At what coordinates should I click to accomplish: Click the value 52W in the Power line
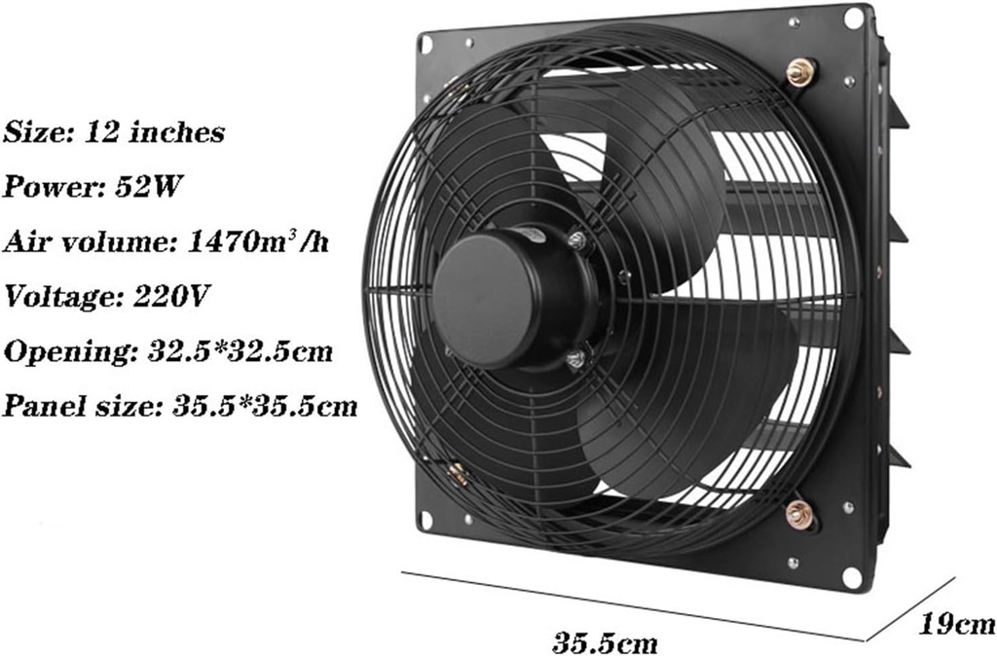click(x=149, y=187)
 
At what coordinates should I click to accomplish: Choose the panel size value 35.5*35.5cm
click(x=264, y=406)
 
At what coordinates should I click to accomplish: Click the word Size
click(x=34, y=131)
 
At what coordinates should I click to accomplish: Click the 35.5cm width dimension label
click(x=605, y=642)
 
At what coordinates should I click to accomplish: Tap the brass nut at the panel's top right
click(x=800, y=71)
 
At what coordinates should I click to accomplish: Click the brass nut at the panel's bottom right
click(x=801, y=514)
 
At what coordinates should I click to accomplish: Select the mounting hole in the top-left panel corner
click(x=425, y=45)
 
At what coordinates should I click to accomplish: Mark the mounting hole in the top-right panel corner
click(x=853, y=18)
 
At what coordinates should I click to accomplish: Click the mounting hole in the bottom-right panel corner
click(x=852, y=576)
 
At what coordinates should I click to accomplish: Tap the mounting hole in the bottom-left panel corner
click(x=425, y=523)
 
